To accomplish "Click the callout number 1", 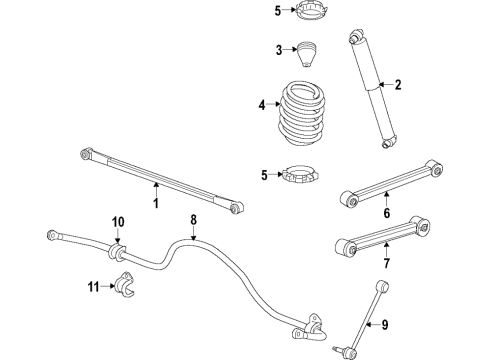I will [x=155, y=204].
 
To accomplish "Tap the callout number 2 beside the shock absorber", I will [x=397, y=85].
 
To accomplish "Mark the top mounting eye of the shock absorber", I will [x=355, y=39].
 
